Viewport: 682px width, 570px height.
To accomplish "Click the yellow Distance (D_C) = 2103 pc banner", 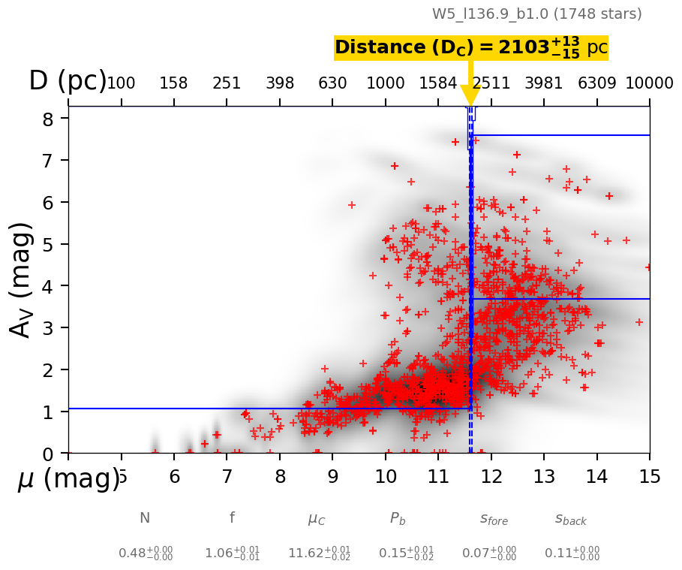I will pyautogui.click(x=470, y=48).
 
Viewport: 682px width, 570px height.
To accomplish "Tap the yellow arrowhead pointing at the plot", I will pyautogui.click(x=470, y=95).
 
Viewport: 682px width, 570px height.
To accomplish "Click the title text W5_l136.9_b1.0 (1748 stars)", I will pyautogui.click(x=536, y=14).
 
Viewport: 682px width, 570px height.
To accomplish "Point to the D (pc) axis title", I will pyautogui.click(x=68, y=81).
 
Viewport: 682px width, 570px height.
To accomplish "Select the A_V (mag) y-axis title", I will pyautogui.click(x=23, y=280).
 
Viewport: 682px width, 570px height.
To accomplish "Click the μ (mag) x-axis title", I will pyautogui.click(x=68, y=478).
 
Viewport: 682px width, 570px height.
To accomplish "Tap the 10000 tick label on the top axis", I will pyautogui.click(x=649, y=83).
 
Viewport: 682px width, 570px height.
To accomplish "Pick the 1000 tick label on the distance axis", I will pyautogui.click(x=386, y=83).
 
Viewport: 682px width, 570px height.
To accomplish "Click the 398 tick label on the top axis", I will pyautogui.click(x=280, y=83).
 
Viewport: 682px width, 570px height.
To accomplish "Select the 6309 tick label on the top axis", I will pyautogui.click(x=596, y=83).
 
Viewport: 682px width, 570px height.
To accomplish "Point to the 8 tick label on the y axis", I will pyautogui.click(x=47, y=119).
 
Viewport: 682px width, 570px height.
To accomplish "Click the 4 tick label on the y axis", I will pyautogui.click(x=47, y=286).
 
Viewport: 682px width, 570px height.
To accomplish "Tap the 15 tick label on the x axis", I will pyautogui.click(x=649, y=476).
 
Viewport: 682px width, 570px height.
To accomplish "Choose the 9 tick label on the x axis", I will pyautogui.click(x=332, y=476).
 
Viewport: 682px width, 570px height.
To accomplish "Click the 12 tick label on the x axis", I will pyautogui.click(x=491, y=476).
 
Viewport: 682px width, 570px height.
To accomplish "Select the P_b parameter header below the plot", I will pyautogui.click(x=398, y=518).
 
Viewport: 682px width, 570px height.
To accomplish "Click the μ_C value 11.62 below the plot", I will pyautogui.click(x=319, y=553).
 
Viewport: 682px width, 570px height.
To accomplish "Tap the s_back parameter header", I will pyautogui.click(x=571, y=519).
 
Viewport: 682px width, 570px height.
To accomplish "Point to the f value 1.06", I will pyautogui.click(x=232, y=553).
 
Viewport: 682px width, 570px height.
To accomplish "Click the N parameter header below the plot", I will pyautogui.click(x=145, y=518).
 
